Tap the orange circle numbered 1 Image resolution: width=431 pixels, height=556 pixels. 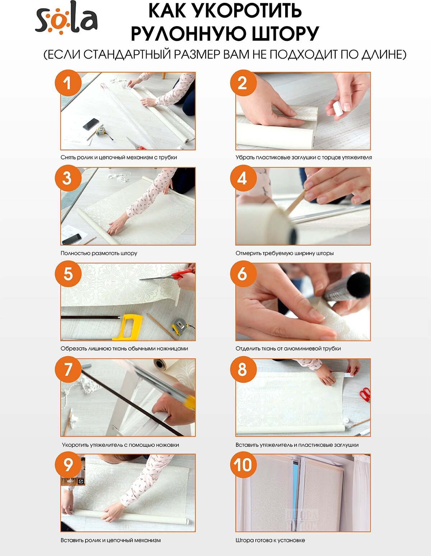68,83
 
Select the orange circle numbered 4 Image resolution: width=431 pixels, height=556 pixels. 243,179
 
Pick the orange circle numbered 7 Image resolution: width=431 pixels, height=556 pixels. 68,370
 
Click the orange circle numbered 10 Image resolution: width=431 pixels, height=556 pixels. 243,465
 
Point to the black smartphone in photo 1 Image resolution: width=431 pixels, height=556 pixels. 91,124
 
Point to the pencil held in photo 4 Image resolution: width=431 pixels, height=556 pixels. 296,202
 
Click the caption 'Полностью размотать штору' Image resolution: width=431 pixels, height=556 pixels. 99,253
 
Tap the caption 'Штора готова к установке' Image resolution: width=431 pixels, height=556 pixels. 270,540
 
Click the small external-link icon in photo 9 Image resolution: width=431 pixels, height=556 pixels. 81,481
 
